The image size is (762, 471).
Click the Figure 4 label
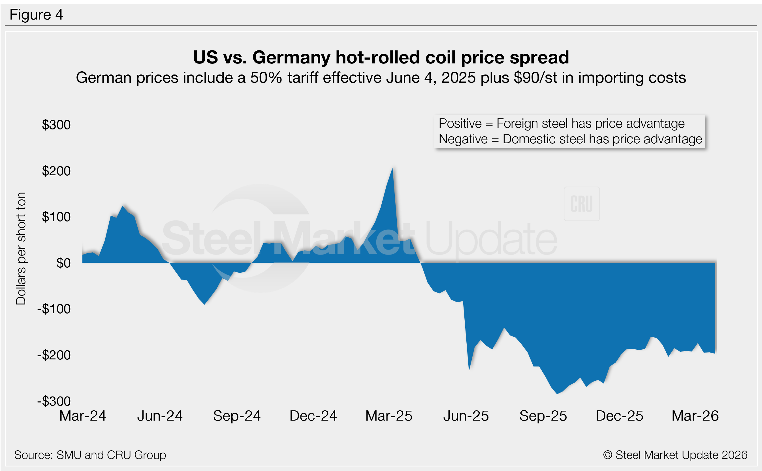pyautogui.click(x=36, y=15)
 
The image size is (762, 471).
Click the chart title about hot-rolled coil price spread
pyautogui.click(x=381, y=57)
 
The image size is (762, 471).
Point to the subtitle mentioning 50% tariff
pyautogui.click(x=381, y=78)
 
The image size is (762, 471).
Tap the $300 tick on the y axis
pyautogui.click(x=56, y=125)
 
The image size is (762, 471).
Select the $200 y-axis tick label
pyautogui.click(x=56, y=171)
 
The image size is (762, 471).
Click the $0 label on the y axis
pyautogui.click(x=63, y=263)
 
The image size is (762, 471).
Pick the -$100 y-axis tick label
pyautogui.click(x=54, y=309)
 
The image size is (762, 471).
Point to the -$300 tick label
pyautogui.click(x=54, y=401)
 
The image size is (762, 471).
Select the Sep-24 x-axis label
pyautogui.click(x=237, y=416)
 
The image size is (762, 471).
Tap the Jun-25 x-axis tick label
pyautogui.click(x=466, y=416)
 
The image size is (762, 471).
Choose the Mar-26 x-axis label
pyautogui.click(x=695, y=416)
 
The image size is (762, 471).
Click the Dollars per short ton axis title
pyautogui.click(x=21, y=248)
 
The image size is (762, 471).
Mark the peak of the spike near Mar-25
pyautogui.click(x=392, y=169)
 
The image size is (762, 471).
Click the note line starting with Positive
pyautogui.click(x=562, y=124)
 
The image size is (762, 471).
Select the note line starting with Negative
pyautogui.click(x=570, y=139)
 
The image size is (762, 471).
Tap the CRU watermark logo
pyautogui.click(x=581, y=204)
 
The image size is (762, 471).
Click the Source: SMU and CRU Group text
pyautogui.click(x=90, y=455)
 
